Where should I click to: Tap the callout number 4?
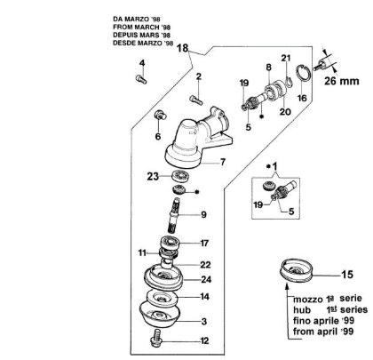pyautogui.click(x=141, y=62)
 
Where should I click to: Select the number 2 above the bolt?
pyautogui.click(x=199, y=76)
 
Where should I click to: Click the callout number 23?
pyautogui.click(x=152, y=176)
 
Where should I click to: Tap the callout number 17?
pyautogui.click(x=203, y=243)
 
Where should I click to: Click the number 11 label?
pyautogui.click(x=141, y=253)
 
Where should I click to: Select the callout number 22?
pyautogui.click(x=203, y=264)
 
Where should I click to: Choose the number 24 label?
pyautogui.click(x=203, y=278)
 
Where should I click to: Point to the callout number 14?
pyautogui.click(x=203, y=297)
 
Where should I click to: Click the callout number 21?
pyautogui.click(x=286, y=58)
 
